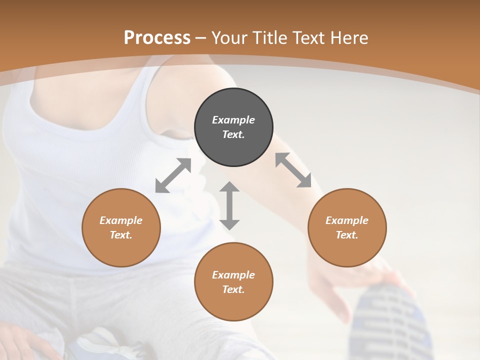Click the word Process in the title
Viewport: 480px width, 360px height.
point(157,38)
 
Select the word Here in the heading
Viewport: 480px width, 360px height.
point(348,38)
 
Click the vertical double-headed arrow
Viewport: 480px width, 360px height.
point(229,205)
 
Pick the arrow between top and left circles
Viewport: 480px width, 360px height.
point(173,175)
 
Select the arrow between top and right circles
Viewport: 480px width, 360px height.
point(293,170)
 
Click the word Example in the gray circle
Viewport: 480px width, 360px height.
point(233,120)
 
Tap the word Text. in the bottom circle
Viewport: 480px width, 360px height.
point(233,289)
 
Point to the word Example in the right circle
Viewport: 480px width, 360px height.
point(346,220)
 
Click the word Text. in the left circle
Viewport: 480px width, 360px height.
point(121,235)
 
